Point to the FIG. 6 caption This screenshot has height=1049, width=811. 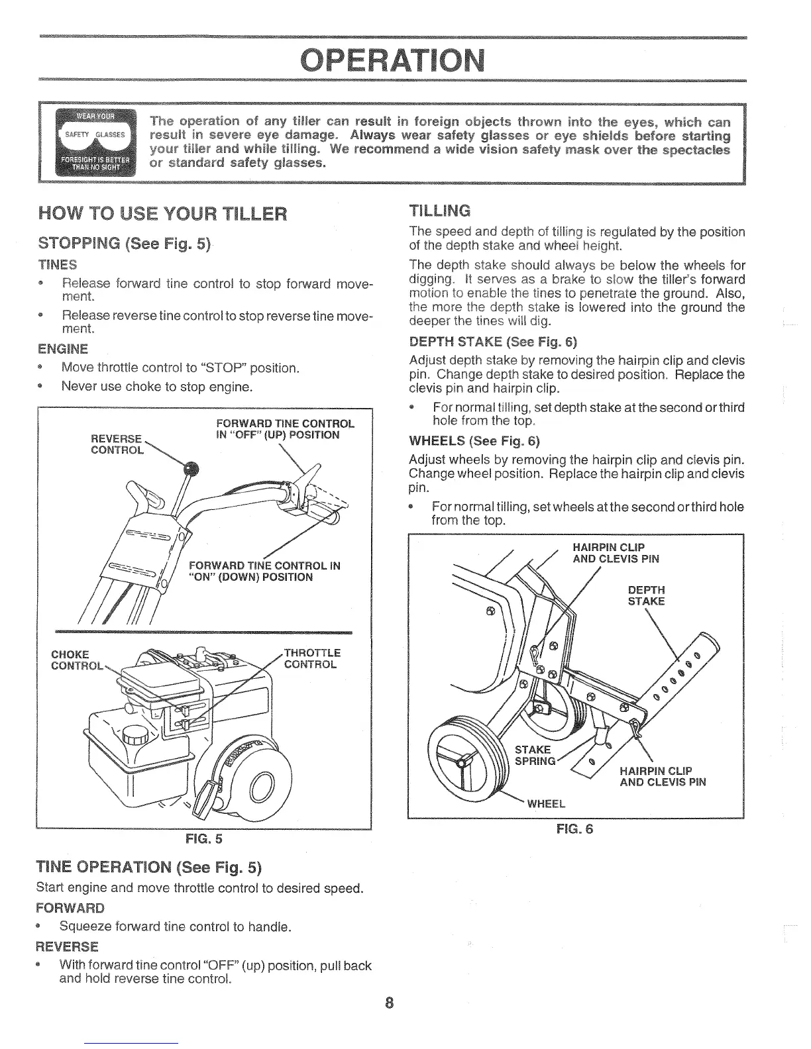575,828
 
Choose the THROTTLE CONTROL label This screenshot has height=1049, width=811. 312,658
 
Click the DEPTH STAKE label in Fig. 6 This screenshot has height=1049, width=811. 645,595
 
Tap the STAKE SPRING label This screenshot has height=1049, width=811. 533,755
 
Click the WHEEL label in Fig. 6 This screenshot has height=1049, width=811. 545,804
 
